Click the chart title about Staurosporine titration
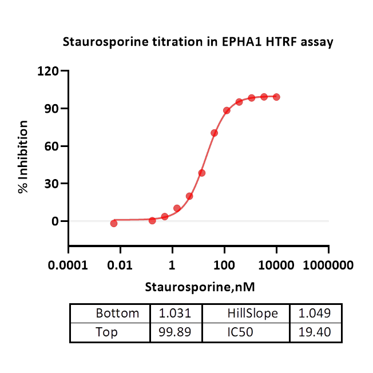(x=197, y=42)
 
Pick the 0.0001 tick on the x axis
(x=69, y=265)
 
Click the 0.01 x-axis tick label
(x=120, y=265)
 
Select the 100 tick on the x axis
(x=224, y=265)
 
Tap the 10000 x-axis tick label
(x=276, y=265)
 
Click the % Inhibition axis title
(x=23, y=156)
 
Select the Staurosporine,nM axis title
(x=199, y=287)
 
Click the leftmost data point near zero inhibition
(x=114, y=223)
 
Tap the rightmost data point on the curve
(x=276, y=97)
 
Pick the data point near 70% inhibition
(x=214, y=133)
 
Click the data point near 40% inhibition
(x=202, y=173)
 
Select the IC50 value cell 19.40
(x=316, y=332)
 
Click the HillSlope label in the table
(x=252, y=314)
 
